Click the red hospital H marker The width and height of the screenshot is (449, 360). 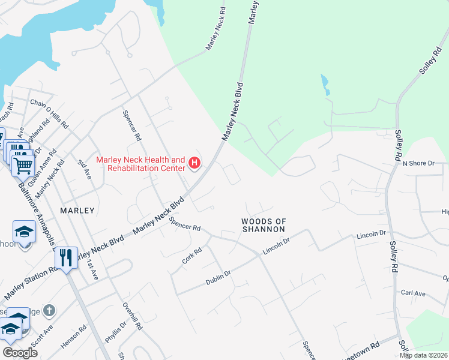tap(194, 163)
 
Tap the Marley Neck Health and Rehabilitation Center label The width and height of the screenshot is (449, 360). tap(141, 163)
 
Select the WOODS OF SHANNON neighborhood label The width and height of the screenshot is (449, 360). tap(263, 225)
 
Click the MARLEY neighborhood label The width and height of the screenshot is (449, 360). tap(77, 211)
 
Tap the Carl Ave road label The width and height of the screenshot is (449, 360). tap(413, 293)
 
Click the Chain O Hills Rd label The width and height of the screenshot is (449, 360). tap(50, 113)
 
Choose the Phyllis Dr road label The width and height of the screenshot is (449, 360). tap(116, 332)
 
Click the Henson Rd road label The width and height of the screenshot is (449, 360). tap(74, 337)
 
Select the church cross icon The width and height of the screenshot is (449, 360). tap(50, 311)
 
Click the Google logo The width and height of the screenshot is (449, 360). tap(20, 352)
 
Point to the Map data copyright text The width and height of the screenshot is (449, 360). tap(423, 355)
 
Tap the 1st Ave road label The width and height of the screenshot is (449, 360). tap(91, 268)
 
